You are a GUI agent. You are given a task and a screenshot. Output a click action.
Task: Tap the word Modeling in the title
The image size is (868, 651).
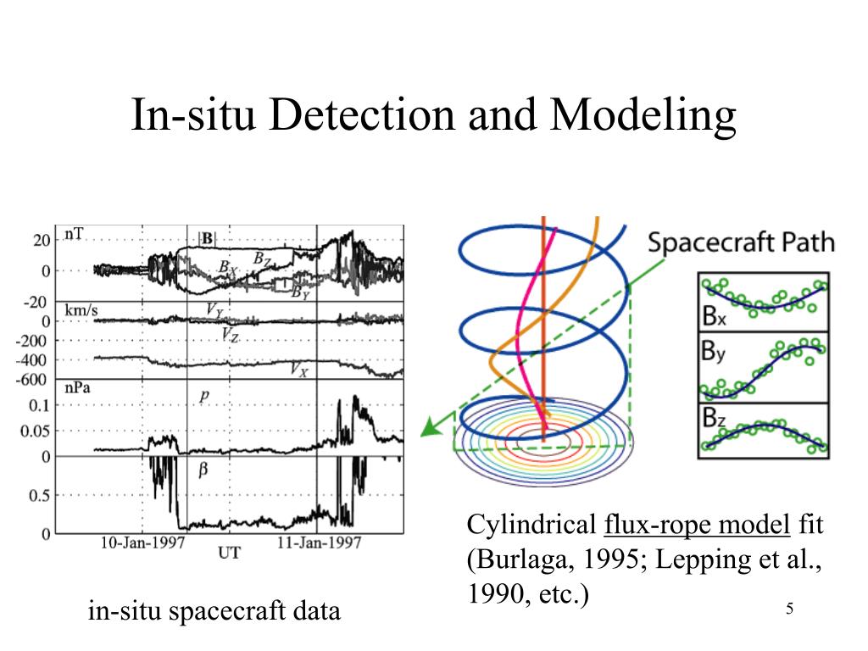click(x=645, y=115)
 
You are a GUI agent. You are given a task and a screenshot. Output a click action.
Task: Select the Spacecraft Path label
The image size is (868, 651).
click(x=741, y=242)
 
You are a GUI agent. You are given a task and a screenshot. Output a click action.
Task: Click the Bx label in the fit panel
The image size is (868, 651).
click(x=715, y=318)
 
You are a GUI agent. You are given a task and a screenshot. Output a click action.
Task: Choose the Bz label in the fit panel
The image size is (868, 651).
click(x=715, y=417)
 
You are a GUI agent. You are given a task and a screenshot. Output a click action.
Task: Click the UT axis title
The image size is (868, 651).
click(x=229, y=554)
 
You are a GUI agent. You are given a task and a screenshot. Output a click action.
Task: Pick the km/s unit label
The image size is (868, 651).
click(x=81, y=311)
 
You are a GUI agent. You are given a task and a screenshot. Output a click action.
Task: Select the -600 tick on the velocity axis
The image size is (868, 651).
click(x=36, y=379)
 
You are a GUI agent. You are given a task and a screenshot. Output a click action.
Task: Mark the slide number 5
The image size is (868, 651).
click(x=789, y=609)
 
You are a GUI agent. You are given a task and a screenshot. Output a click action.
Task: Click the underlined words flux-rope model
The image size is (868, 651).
click(x=697, y=526)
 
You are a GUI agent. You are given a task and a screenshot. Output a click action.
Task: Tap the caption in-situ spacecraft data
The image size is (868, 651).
click(x=214, y=611)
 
